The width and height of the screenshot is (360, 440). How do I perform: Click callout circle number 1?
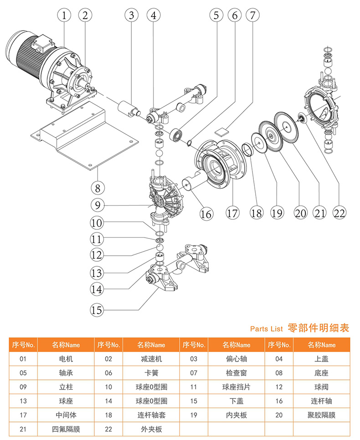pos(65,15)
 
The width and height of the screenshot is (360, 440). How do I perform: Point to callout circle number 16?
pos(207,213)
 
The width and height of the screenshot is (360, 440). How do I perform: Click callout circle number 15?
pos(97,311)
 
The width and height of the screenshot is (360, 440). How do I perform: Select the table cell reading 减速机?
pos(152,359)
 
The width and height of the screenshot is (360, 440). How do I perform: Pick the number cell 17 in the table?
pos(23,415)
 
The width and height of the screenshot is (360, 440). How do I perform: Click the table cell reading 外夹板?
pos(152,429)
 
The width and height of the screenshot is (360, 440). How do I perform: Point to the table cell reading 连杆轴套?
pos(152,415)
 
